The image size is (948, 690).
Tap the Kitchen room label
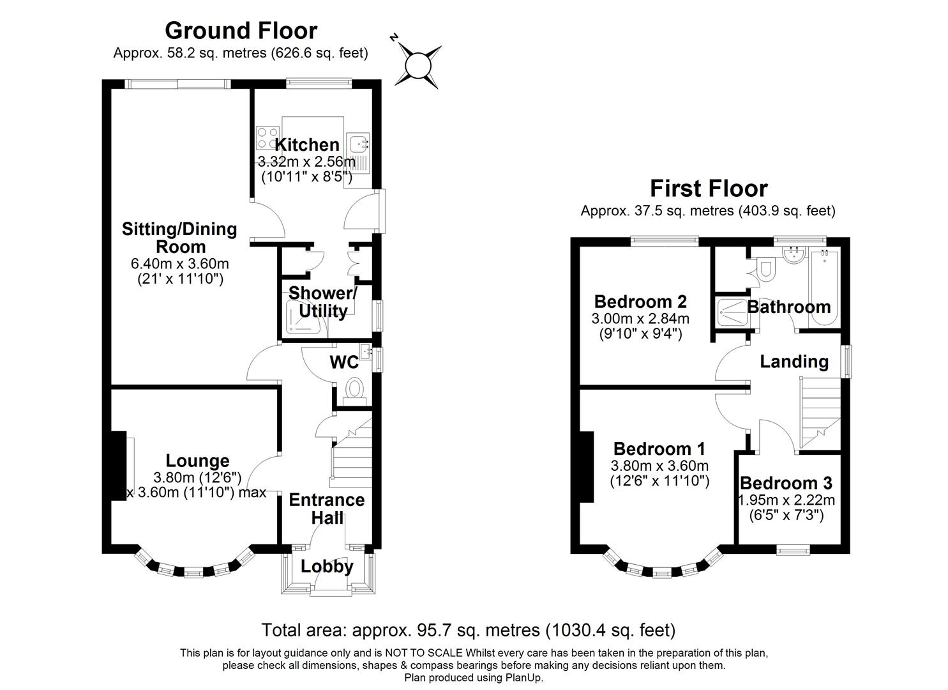tap(306, 144)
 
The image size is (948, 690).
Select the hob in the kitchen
tap(267, 138)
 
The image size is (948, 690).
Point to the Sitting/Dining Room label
tap(179, 238)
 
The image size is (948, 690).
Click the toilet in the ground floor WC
tap(354, 389)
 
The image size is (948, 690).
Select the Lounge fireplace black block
tap(117, 466)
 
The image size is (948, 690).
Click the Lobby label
tap(327, 567)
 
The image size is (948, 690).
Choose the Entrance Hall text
tap(327, 509)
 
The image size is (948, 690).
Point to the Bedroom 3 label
tap(786, 483)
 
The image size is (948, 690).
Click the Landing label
tap(794, 362)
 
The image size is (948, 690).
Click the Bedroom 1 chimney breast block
tap(587, 467)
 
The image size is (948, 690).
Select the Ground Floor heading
tap(241, 30)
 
